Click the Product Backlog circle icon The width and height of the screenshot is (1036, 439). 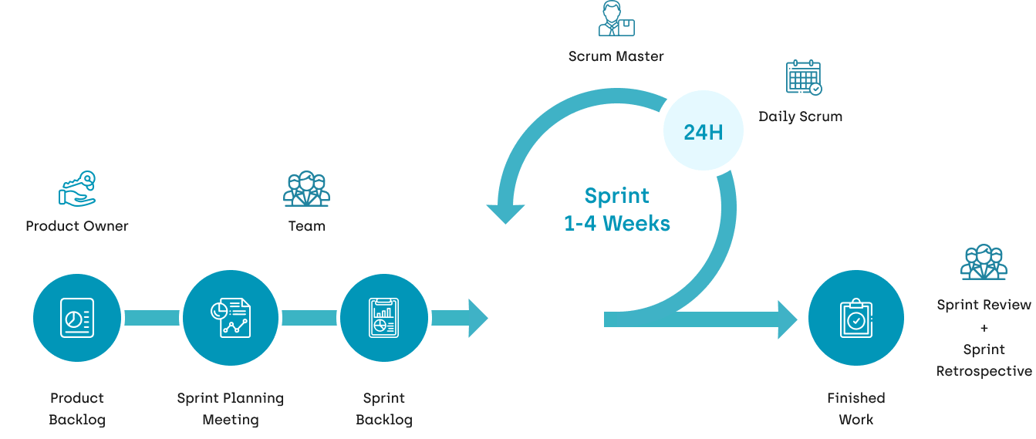coord(77,317)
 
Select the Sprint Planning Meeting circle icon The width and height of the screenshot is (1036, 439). coord(230,317)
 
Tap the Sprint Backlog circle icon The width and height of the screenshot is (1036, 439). coord(383,317)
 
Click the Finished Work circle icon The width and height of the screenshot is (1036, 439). coord(855,318)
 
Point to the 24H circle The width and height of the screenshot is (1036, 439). coord(703,132)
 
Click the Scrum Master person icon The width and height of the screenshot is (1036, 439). coord(616,19)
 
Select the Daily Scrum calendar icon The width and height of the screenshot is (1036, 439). coord(803,78)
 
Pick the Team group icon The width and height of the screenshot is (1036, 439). coord(306,189)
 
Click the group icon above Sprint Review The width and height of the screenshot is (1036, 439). coord(984,262)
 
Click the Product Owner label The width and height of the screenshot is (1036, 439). coord(77,226)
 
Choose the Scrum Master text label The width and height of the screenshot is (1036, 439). coord(616,56)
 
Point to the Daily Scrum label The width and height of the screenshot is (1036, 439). coord(800,117)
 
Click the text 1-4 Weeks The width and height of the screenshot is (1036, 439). coord(616,224)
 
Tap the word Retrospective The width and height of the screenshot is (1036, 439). coord(984,371)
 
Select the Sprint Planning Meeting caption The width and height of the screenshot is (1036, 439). coord(230,409)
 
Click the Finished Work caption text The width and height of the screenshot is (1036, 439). coord(855,409)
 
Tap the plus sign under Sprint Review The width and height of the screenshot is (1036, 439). coord(984,327)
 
